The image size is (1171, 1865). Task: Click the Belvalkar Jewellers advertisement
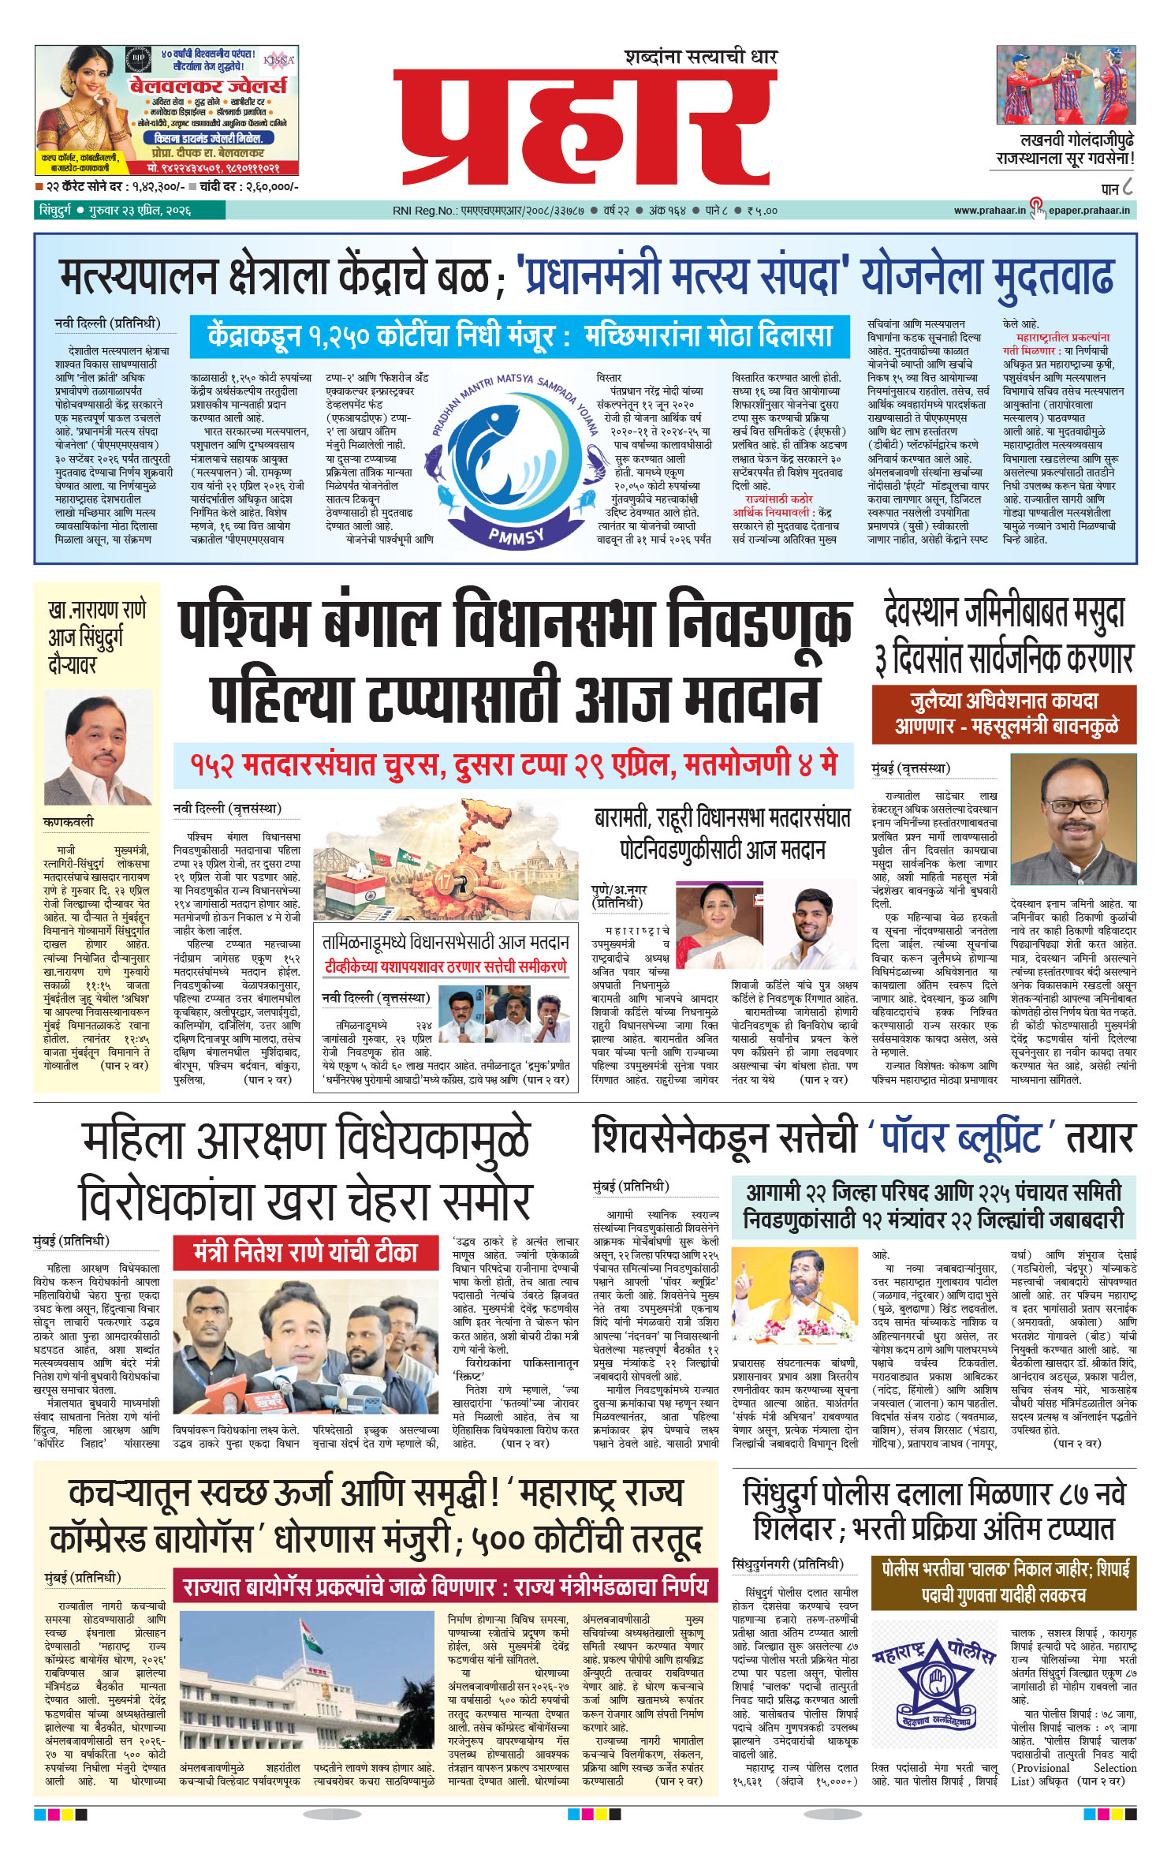pyautogui.click(x=166, y=110)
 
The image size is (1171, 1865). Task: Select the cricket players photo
pyautogui.click(x=1065, y=84)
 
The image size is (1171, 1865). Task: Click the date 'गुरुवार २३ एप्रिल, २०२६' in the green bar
pyautogui.click(x=140, y=211)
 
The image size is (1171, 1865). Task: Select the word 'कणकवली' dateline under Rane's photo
pyautogui.click(x=69, y=822)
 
